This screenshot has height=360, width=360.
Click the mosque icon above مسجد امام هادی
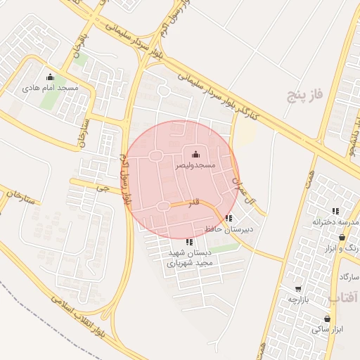point(49,77)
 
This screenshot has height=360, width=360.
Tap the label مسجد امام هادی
point(49,88)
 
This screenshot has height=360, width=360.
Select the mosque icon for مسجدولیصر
point(195,155)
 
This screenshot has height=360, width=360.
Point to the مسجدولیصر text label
point(195,165)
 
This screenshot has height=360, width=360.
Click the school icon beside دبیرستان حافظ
point(229,217)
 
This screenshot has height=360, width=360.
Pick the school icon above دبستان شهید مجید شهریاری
point(188,242)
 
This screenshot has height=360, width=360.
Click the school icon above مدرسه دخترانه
point(336,210)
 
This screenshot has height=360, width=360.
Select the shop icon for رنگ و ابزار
point(342,238)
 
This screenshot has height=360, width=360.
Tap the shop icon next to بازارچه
point(298,288)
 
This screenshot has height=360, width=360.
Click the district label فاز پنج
point(304,94)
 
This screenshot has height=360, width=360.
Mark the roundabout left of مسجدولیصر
point(155,155)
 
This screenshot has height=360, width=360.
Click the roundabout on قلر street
point(163,205)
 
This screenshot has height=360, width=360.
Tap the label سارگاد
point(349,278)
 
